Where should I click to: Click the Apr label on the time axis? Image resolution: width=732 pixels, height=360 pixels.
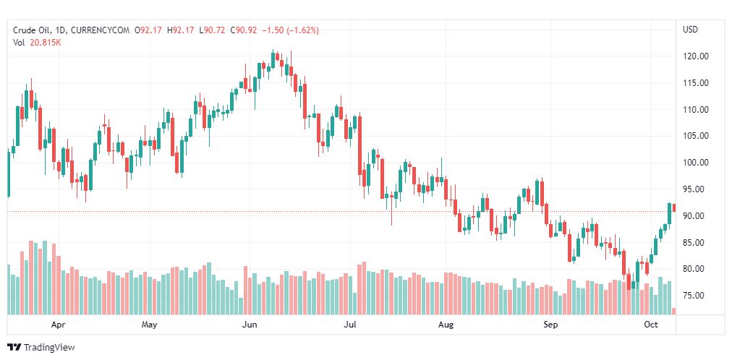coord(59,325)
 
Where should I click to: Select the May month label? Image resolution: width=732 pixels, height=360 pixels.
coord(150,325)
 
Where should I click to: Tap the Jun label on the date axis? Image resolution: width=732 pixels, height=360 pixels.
coord(250,325)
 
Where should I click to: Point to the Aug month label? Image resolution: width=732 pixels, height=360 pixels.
coord(446,325)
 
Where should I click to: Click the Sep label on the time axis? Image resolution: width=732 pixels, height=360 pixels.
coord(551,325)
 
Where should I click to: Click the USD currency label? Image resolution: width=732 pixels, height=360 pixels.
coord(690,30)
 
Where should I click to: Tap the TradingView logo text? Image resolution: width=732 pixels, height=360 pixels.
coord(49,348)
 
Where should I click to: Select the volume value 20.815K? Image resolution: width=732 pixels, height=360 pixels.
coord(46,43)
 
